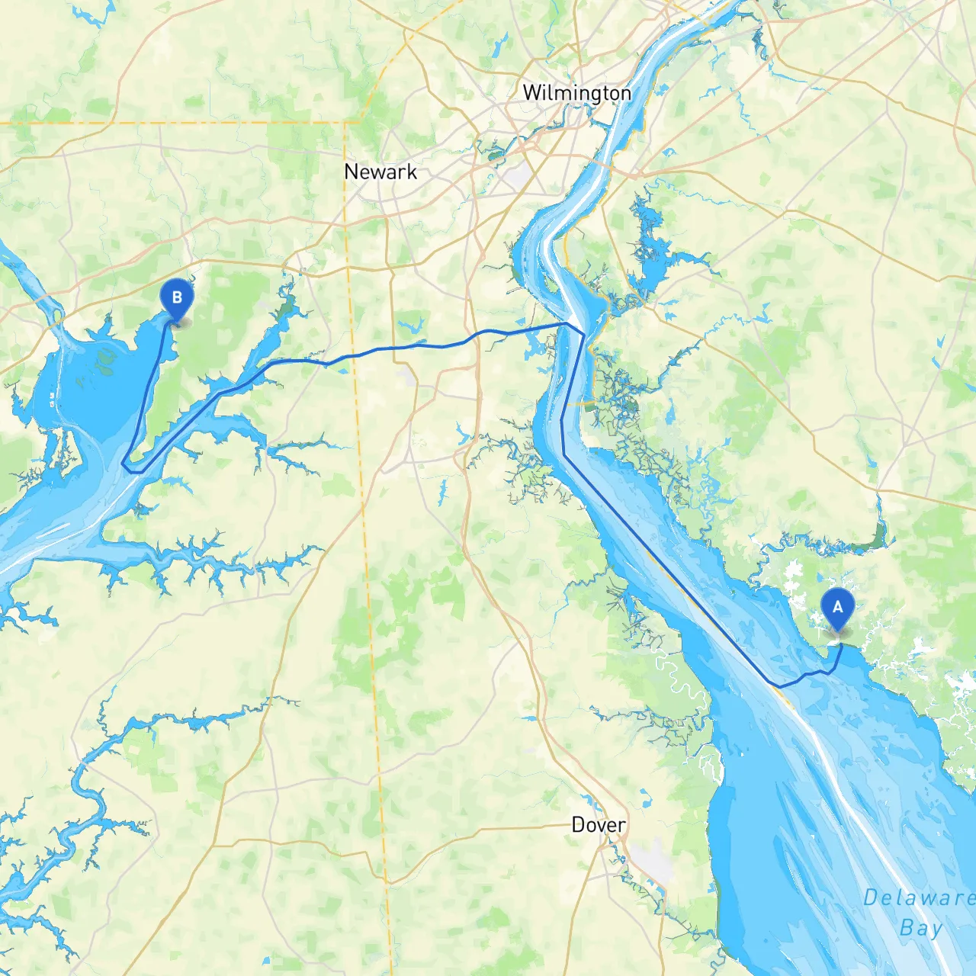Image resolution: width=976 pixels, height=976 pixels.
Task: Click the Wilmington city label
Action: (x=576, y=93)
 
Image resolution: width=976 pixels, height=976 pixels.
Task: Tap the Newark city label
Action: (x=380, y=172)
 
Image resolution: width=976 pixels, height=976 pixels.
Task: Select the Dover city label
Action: (x=599, y=825)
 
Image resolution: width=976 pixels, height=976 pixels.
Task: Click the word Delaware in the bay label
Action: (x=918, y=897)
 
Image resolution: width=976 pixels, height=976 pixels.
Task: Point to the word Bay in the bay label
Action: (x=920, y=928)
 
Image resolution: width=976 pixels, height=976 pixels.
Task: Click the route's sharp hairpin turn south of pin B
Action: (x=125, y=464)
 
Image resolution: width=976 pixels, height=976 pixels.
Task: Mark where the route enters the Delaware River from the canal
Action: (x=567, y=323)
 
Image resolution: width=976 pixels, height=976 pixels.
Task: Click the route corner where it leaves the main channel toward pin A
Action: (x=778, y=686)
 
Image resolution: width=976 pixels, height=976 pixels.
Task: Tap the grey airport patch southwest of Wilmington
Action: (x=518, y=178)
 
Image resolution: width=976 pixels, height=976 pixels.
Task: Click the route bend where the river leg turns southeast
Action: (x=563, y=454)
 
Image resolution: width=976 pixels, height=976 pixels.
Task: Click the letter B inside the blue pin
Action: (x=177, y=297)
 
